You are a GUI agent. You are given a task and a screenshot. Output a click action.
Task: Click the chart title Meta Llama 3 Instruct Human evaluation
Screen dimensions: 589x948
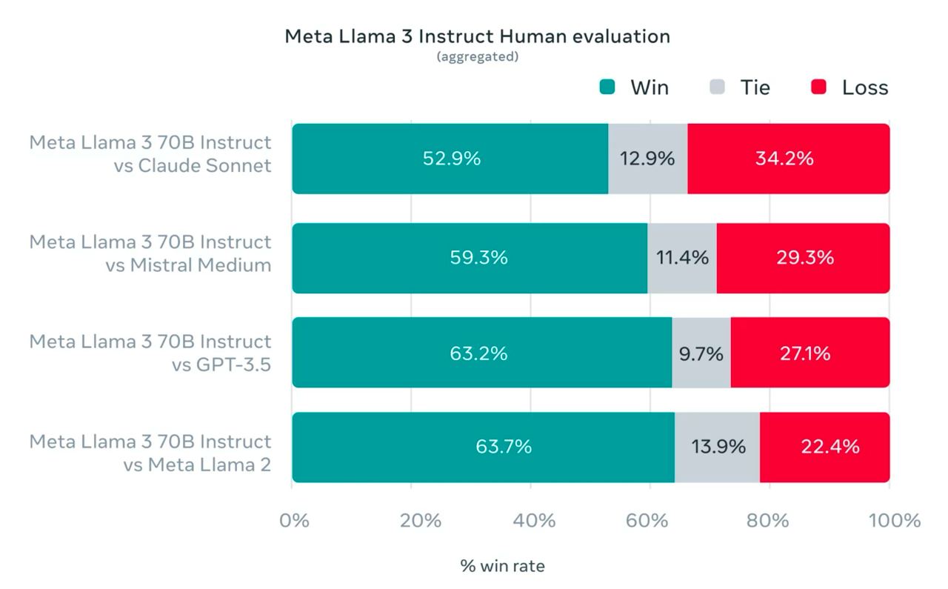(477, 36)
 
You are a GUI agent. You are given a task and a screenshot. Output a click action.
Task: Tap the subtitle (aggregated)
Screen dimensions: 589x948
(477, 57)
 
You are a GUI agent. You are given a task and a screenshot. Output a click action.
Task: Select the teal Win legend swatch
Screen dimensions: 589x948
(607, 87)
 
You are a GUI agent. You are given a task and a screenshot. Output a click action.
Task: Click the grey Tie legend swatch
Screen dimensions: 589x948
(717, 87)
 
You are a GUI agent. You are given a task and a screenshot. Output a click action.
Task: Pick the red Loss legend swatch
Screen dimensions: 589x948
(818, 87)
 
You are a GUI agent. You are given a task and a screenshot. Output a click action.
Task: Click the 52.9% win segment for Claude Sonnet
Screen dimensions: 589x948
(450, 159)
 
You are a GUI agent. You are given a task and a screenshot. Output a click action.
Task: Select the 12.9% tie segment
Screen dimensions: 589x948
(647, 159)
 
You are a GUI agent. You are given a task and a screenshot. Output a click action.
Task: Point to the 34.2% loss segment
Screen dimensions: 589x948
(788, 159)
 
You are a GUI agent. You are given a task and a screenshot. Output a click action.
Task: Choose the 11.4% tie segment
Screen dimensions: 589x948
(682, 258)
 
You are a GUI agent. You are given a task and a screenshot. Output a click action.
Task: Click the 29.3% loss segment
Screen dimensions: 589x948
(803, 258)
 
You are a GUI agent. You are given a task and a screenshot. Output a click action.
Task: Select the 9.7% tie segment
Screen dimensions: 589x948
(701, 353)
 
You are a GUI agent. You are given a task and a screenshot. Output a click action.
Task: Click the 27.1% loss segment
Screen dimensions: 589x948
(810, 353)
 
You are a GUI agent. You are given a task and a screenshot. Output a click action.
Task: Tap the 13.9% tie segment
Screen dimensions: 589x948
(718, 447)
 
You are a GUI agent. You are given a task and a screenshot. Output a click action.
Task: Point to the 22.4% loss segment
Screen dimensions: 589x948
(824, 447)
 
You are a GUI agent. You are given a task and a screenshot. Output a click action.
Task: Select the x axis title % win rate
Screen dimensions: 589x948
(502, 567)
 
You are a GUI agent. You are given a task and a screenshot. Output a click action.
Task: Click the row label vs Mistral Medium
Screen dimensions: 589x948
(188, 265)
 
